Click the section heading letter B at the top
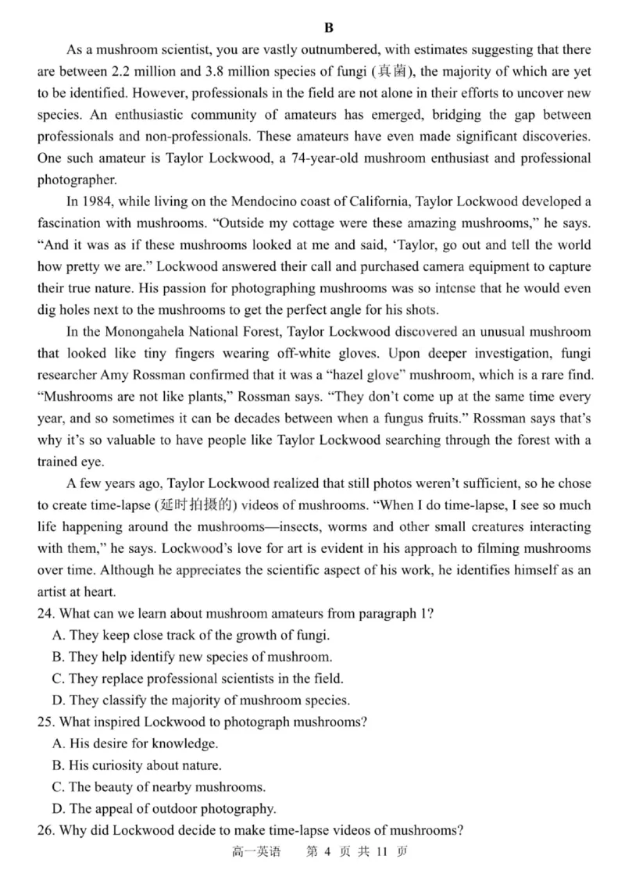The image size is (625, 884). [x=328, y=28]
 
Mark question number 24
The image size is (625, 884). [x=45, y=613]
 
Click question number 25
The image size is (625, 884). [x=45, y=722]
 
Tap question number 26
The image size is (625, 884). [x=45, y=829]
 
